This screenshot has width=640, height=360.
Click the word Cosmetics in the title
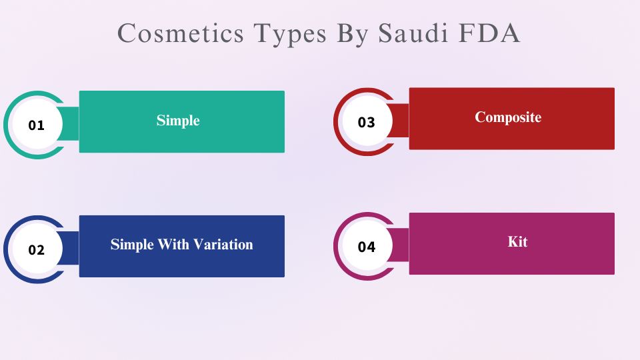click(181, 33)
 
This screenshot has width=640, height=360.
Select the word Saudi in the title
click(413, 33)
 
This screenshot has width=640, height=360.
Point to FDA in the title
click(489, 33)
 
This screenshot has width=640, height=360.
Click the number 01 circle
click(37, 125)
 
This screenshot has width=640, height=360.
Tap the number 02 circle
click(37, 249)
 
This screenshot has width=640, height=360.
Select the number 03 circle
click(367, 121)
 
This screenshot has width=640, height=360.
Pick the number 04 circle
click(367, 246)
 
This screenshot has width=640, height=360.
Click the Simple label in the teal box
click(178, 121)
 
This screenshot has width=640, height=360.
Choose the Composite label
click(508, 117)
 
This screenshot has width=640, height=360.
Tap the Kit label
click(517, 241)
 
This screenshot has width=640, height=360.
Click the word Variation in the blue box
click(223, 245)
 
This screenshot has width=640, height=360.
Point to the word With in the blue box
click(173, 245)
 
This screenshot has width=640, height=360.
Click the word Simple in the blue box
click(132, 245)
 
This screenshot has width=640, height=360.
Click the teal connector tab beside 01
click(70, 124)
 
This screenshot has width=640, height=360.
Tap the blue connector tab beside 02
click(70, 248)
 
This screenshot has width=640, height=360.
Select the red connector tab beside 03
click(400, 121)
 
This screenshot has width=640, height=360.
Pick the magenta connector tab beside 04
click(400, 245)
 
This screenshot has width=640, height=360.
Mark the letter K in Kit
click(513, 241)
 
